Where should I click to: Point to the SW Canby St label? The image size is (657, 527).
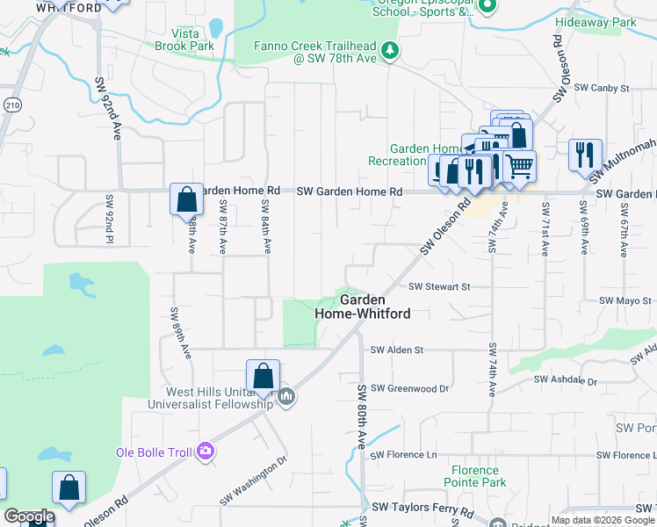click(x=603, y=88)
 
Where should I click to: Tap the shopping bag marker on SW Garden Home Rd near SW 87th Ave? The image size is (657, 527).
click(x=187, y=200)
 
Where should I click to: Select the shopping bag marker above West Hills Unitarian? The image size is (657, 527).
click(x=263, y=377)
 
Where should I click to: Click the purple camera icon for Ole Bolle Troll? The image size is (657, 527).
click(x=206, y=451)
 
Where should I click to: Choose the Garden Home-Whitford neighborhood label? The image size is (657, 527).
click(x=363, y=306)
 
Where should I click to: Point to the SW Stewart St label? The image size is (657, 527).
click(x=439, y=286)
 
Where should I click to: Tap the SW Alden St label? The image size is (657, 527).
click(x=397, y=350)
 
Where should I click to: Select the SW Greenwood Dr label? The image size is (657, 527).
click(x=409, y=388)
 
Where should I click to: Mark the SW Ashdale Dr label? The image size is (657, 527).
click(x=566, y=382)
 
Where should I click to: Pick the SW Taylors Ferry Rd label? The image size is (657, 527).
click(x=422, y=508)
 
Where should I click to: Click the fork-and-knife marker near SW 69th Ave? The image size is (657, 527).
click(x=585, y=155)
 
